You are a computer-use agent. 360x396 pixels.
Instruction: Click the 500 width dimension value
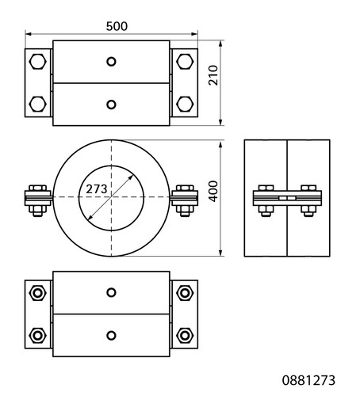117,26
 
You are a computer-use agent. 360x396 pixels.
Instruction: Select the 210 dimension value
213,75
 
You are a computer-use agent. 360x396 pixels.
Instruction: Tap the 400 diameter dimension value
213,191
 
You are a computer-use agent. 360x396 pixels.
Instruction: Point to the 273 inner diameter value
97,189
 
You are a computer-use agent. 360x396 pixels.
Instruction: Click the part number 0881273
308,380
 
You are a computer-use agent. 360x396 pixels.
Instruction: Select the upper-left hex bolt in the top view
37,62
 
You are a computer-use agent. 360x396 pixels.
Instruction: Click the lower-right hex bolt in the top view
185,104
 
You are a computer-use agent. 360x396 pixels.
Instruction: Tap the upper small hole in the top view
111,62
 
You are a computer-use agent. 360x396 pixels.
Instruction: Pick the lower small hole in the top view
111,105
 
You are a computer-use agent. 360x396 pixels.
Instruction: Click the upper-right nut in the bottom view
185,293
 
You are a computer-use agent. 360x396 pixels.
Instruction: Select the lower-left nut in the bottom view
37,336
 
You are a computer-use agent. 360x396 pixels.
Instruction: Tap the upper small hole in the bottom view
111,292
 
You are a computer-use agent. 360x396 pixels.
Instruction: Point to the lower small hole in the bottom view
111,336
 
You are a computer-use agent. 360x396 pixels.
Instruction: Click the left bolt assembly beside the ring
38,200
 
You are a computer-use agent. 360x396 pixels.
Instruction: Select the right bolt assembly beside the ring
185,200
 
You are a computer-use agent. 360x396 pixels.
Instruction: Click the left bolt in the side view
266,200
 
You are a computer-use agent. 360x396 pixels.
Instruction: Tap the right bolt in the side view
308,200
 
